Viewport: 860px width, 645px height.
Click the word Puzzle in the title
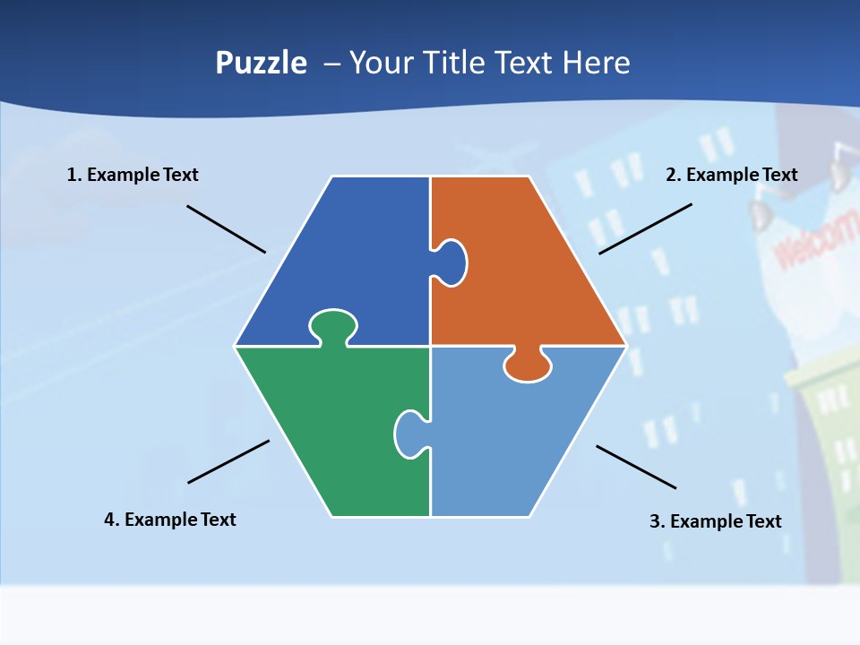coord(261,64)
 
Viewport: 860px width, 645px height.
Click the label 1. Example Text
coord(133,175)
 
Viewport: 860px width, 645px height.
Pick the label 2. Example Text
coord(731,175)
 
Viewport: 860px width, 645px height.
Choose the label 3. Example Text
coord(715,521)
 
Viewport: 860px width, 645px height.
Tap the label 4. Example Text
coord(170,520)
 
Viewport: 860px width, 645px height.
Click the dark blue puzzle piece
coord(358,260)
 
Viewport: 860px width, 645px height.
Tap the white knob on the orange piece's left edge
coord(451,262)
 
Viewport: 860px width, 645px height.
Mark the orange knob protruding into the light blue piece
coord(528,365)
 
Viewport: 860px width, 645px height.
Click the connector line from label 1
coord(226,228)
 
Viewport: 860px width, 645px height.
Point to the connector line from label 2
coord(645,228)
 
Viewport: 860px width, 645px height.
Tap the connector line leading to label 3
coord(636,467)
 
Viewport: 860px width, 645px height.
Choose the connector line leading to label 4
coord(228,461)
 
